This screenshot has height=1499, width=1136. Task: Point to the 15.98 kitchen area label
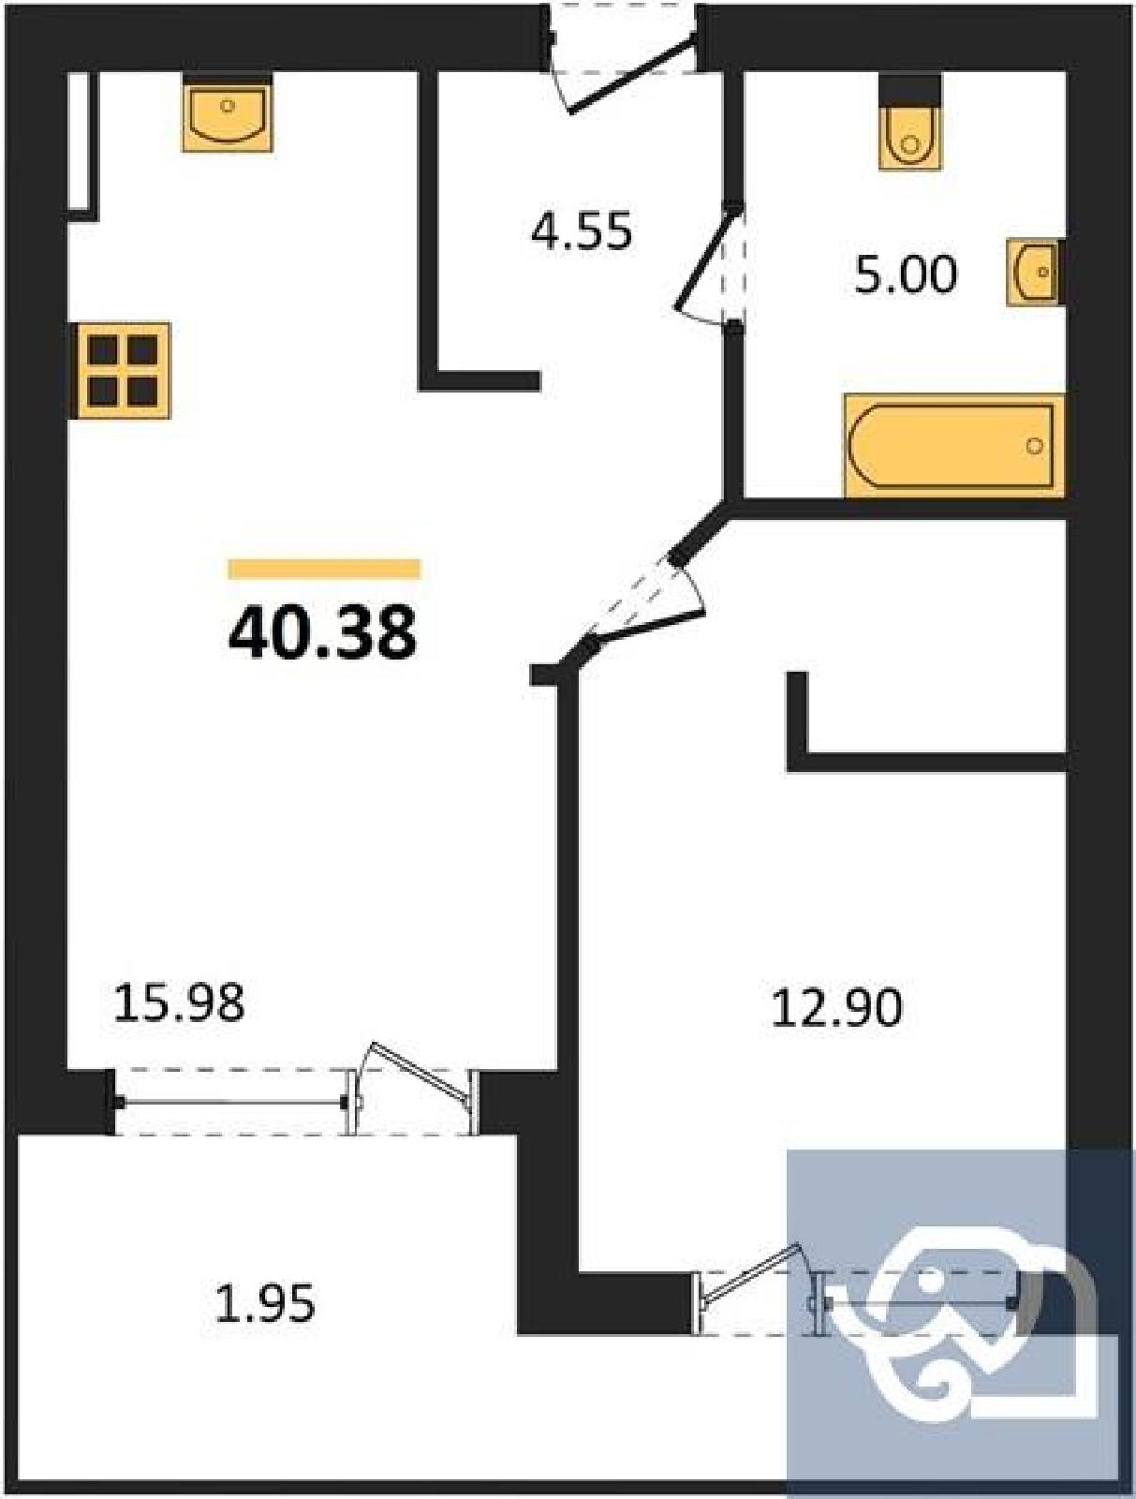click(178, 1004)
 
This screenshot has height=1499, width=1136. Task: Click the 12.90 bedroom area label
click(837, 1007)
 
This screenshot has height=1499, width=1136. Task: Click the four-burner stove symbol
click(121, 370)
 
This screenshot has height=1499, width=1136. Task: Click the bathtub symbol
click(954, 445)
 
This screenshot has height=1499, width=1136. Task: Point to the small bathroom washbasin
click(1033, 273)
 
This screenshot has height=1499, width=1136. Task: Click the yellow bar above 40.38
click(324, 568)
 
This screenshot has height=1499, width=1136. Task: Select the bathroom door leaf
click(706, 259)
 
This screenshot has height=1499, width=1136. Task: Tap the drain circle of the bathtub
click(1035, 446)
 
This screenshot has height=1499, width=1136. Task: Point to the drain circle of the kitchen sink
click(228, 105)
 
